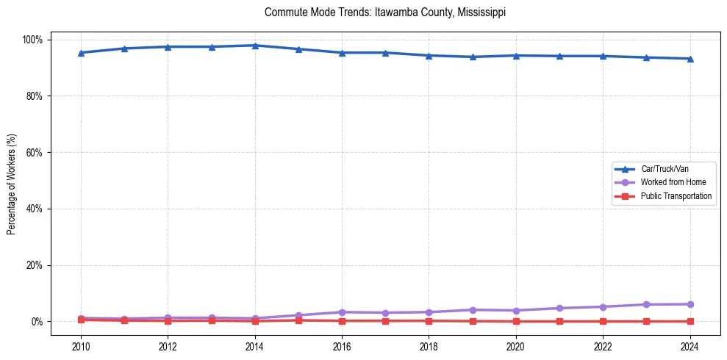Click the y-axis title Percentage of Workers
(x=12, y=179)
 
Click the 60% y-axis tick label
(x=35, y=152)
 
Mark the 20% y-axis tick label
(x=35, y=265)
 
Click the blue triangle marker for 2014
(x=255, y=46)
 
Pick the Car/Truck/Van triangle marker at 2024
(x=690, y=59)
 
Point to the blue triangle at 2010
(x=81, y=53)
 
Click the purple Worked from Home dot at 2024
(x=690, y=304)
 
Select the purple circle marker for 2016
(x=342, y=312)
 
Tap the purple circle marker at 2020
(x=516, y=311)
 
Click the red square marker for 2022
(x=603, y=321)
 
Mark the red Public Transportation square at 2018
(x=429, y=320)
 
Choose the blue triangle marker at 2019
(x=472, y=57)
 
